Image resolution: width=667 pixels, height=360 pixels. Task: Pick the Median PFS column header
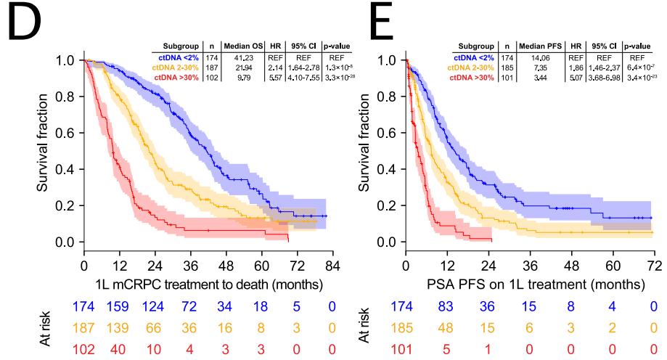(543, 45)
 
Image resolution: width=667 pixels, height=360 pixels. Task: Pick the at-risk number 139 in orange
(120, 328)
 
